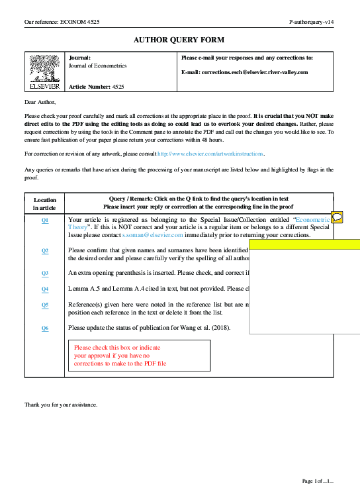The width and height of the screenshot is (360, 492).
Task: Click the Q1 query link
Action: (x=45, y=220)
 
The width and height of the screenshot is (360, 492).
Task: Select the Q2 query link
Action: (x=45, y=251)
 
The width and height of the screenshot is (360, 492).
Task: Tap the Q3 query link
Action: (x=45, y=273)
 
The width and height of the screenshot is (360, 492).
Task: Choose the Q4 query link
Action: (x=45, y=289)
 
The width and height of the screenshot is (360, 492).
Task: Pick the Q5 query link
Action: (x=45, y=305)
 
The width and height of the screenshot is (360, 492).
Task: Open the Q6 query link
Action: (x=45, y=328)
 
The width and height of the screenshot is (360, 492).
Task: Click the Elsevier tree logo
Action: (x=44, y=70)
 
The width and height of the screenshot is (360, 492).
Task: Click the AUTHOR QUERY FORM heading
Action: (x=179, y=40)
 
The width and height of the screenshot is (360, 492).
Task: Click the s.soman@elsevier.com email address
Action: (x=142, y=235)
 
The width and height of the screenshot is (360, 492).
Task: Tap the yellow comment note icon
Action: (x=337, y=217)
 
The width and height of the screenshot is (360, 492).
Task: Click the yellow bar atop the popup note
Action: (x=304, y=244)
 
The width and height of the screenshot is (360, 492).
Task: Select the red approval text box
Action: (x=139, y=356)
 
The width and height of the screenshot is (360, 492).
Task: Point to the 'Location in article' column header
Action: (x=45, y=203)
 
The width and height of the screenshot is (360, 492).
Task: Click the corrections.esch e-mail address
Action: (x=254, y=72)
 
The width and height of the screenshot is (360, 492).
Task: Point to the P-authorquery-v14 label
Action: (x=311, y=22)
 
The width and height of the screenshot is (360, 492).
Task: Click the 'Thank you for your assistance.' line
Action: (x=61, y=405)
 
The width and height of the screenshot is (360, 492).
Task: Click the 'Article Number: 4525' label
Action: (x=97, y=87)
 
